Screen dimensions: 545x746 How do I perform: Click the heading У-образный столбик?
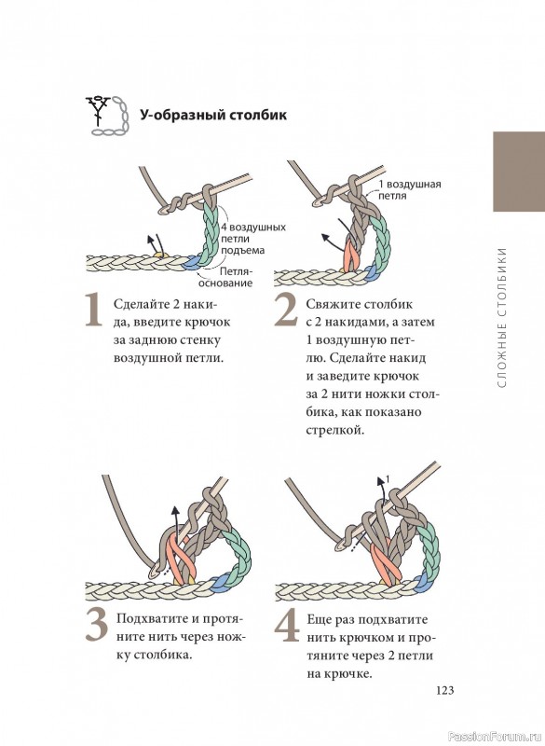pos(212,115)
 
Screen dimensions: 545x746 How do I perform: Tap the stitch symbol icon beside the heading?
pos(107,116)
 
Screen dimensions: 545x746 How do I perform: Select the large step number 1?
pos(93,311)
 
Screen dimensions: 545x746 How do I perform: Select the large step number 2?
pos(286,311)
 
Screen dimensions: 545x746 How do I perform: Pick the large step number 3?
pos(97,626)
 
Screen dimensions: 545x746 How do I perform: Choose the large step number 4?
pos(287,626)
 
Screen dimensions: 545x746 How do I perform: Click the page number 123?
pos(444,690)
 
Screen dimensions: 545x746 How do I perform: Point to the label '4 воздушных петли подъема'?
pos(253,239)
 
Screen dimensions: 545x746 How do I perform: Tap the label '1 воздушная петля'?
pos(410,189)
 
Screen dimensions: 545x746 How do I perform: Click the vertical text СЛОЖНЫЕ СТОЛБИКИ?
pos(503,317)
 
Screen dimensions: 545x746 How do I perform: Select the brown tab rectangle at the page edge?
pos(519,172)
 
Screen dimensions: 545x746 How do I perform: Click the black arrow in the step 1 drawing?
pos(153,243)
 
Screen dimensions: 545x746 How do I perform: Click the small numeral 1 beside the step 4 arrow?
pos(388,479)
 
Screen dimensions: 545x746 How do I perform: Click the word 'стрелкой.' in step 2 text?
pos(335,430)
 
